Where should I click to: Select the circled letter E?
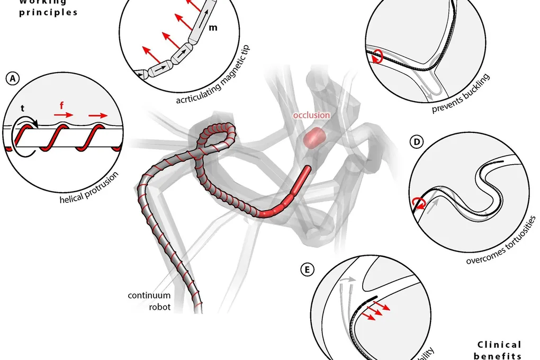305,270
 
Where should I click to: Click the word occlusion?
312,115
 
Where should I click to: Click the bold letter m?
213,28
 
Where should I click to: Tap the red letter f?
62,105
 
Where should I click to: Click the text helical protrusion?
89,188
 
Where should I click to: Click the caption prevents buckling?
460,94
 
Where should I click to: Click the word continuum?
149,295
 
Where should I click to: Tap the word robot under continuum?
160,307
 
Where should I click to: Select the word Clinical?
498,345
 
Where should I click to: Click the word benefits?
498,356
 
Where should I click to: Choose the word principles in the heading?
48,12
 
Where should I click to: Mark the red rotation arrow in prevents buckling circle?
376,56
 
